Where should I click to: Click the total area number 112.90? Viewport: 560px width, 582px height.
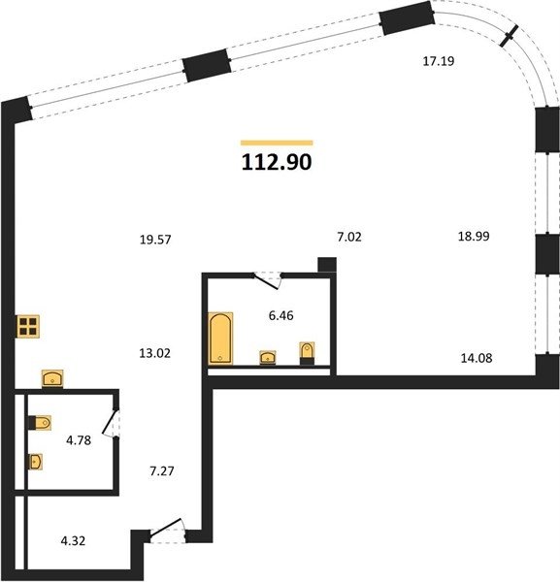click(277, 162)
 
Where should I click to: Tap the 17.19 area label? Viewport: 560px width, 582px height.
click(439, 61)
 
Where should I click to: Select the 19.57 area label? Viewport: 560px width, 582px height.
click(155, 240)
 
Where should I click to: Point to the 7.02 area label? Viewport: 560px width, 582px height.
click(349, 237)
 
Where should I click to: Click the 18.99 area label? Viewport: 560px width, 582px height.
click(474, 236)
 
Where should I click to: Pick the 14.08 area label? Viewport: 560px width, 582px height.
click(477, 358)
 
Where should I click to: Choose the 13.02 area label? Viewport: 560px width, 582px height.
click(155, 353)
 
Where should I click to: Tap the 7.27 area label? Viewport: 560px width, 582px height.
click(162, 471)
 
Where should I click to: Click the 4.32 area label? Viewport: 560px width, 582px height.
click(73, 541)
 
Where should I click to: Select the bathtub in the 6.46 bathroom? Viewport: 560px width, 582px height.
click(220, 338)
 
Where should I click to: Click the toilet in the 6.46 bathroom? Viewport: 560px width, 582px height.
click(307, 353)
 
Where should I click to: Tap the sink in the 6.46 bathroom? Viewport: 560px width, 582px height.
click(268, 357)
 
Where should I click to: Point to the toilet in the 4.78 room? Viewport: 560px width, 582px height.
click(40, 423)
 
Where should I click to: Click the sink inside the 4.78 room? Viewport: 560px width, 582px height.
click(36, 462)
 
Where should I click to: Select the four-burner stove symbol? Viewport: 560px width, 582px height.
click(28, 327)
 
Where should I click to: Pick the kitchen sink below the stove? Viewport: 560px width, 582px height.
click(52, 378)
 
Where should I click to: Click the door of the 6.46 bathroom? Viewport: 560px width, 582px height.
click(267, 280)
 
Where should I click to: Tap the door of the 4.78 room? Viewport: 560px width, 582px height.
click(111, 424)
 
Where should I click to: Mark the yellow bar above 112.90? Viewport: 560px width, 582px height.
click(277, 143)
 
